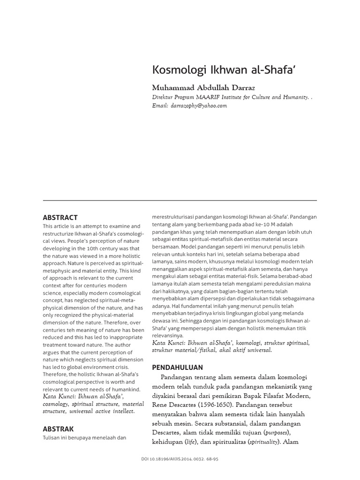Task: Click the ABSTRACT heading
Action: pos(60,217)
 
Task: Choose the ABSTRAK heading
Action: pos(58,428)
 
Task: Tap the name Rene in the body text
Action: pos(161,405)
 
